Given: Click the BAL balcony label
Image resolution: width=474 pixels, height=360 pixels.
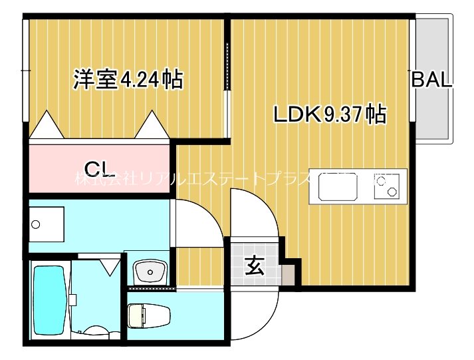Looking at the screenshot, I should (431, 80).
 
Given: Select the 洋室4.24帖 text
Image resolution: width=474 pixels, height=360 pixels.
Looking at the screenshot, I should (128, 80).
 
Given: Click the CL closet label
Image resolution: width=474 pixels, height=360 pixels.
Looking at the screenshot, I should (100, 167).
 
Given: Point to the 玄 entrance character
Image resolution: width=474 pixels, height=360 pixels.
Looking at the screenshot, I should (255, 266).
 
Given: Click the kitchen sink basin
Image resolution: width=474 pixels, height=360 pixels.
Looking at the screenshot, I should (338, 186).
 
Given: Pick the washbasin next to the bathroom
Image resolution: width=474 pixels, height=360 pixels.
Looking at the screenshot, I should (150, 271).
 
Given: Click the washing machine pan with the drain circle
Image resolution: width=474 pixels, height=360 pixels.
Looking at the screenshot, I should (47, 224).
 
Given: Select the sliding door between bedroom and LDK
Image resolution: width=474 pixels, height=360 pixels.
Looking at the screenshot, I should (228, 67).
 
